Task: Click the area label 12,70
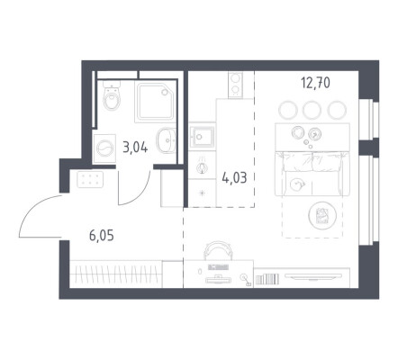click(316, 83)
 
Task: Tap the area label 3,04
click(135, 148)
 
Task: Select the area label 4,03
click(234, 178)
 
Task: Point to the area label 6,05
click(102, 236)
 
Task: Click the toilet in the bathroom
click(112, 94)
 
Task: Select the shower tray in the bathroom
click(155, 102)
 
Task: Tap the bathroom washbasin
click(166, 140)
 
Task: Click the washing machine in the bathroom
click(104, 148)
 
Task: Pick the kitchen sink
click(202, 137)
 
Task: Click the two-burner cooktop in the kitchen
click(235, 85)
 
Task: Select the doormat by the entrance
click(90, 179)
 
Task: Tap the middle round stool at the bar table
click(312, 110)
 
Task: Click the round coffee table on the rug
click(322, 215)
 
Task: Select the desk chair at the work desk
click(218, 250)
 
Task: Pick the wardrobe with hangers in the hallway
click(116, 274)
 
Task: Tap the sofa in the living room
click(312, 174)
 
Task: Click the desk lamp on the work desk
click(246, 280)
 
